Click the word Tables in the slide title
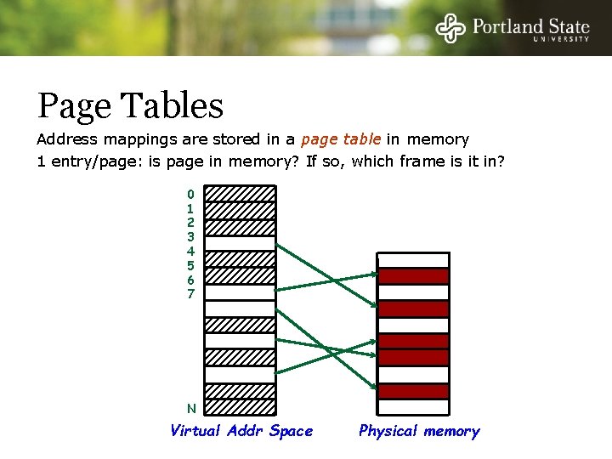[x=173, y=106]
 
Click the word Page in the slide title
[x=74, y=107]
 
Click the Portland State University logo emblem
[x=450, y=28]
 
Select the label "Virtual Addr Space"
[x=241, y=431]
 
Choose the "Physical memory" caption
[x=419, y=431]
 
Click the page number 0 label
[x=190, y=194]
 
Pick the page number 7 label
[x=190, y=294]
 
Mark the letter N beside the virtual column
[x=191, y=408]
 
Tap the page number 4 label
[x=190, y=251]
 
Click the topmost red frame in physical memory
[x=413, y=276]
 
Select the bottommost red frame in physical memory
[x=413, y=391]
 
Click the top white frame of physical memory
[x=413, y=260]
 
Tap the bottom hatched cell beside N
[x=241, y=406]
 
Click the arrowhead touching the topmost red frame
[x=375, y=275]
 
